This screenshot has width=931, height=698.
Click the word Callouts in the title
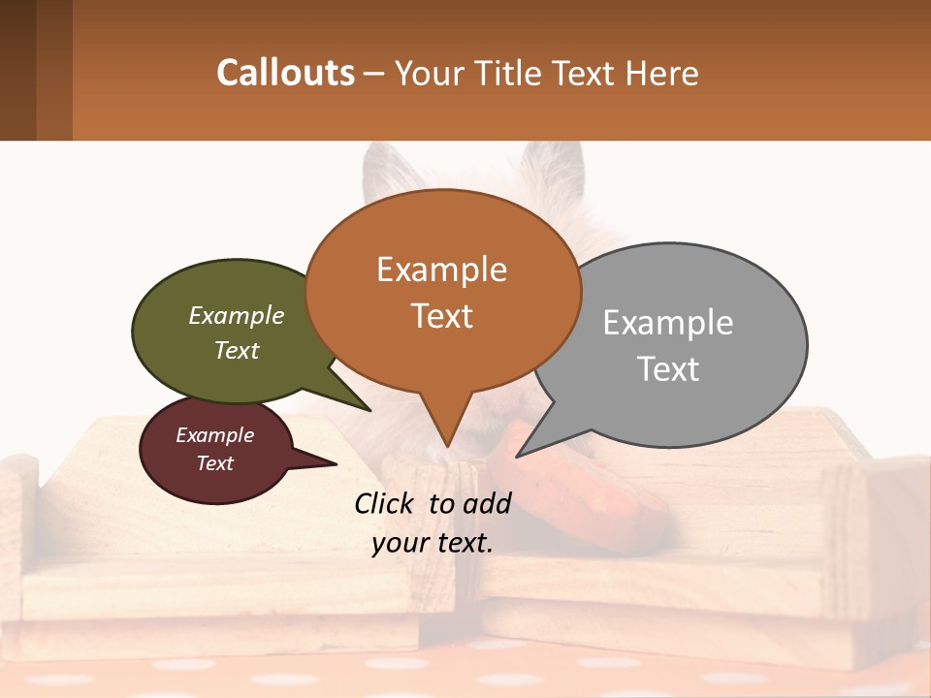click(x=285, y=73)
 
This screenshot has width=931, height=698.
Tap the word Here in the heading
click(x=661, y=74)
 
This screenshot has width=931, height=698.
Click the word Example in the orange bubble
click(x=441, y=270)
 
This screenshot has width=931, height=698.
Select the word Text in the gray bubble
click(x=668, y=369)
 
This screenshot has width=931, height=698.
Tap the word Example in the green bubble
click(x=237, y=316)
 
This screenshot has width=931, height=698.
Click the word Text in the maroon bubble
click(x=215, y=463)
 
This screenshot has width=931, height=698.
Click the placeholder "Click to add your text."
click(x=433, y=523)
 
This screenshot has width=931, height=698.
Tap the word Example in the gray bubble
click(x=668, y=323)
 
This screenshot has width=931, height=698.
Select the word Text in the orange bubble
click(x=442, y=316)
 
